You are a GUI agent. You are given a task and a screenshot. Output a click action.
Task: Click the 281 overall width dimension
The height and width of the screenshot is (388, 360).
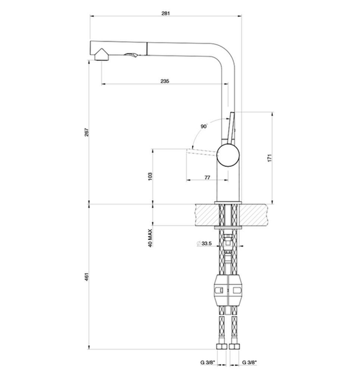point(165,14)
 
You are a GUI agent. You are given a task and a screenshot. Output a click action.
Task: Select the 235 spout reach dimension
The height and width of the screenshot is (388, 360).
point(165,81)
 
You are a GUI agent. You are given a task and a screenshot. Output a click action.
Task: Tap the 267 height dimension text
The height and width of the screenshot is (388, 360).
point(87,132)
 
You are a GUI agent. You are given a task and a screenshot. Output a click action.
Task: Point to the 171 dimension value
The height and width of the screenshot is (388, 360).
point(270,158)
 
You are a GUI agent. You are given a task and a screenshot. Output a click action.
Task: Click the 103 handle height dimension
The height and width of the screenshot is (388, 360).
point(150,177)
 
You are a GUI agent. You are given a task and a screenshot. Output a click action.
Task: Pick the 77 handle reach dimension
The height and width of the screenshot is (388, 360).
point(207,177)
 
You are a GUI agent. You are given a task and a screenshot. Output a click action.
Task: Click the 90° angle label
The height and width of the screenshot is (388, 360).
point(204,127)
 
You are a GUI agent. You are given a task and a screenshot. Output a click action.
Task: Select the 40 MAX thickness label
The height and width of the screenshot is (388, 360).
point(150,238)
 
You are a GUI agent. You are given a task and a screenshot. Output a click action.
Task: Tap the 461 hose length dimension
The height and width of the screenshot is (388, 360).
point(87,277)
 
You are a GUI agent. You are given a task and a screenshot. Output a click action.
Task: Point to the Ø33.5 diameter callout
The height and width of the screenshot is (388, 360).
point(204,244)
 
